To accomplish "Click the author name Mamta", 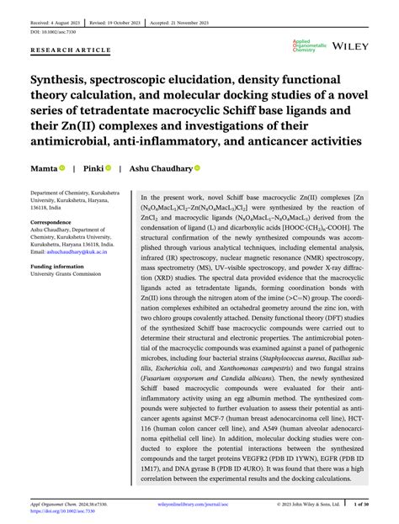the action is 45,168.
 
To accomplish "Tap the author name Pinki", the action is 93,168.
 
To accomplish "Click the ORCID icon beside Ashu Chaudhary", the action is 198,168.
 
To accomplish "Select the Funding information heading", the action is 61,267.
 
